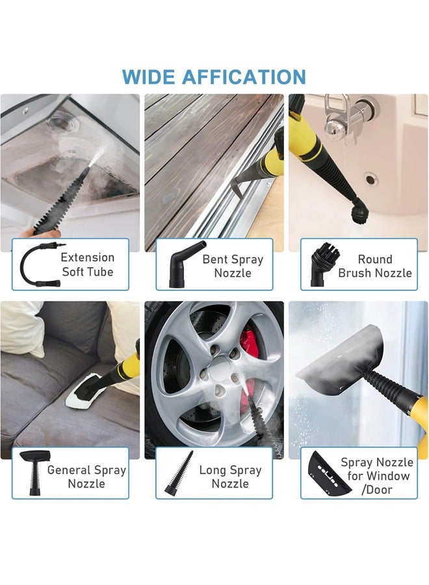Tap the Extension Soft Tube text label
(88, 265)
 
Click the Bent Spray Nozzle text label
(233, 266)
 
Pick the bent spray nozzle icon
(179, 264)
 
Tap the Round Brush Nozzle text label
(375, 266)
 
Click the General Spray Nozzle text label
(86, 476)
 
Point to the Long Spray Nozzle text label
(230, 476)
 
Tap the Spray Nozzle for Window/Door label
(377, 476)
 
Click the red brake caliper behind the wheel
(252, 341)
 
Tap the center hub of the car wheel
(214, 376)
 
